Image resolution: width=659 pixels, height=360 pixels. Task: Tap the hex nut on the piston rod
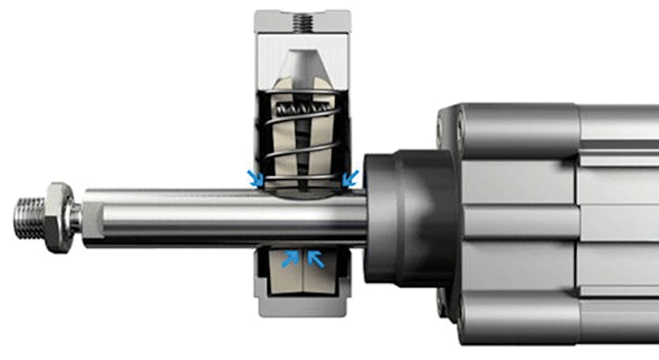click(59, 216)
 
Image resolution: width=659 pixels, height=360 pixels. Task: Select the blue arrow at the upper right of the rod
click(352, 178)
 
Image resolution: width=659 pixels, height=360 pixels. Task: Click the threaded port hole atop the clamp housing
click(302, 22)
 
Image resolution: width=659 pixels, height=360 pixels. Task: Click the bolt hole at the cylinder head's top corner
click(460, 126)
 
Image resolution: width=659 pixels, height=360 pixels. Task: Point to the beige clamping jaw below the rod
click(302, 277)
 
